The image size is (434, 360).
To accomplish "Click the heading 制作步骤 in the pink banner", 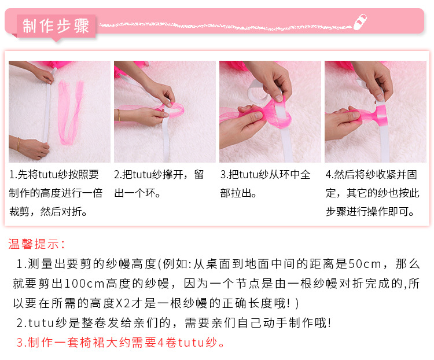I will (x=56, y=26).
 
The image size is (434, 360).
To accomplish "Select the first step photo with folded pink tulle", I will (x=60, y=112).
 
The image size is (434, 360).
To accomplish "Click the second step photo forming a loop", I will (x=164, y=112).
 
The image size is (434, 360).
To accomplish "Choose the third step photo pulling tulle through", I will (x=270, y=112).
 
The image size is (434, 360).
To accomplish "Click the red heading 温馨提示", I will (x=37, y=244).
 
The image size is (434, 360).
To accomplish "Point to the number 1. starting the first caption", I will (x=13, y=175).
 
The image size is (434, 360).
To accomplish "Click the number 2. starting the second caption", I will (x=117, y=175).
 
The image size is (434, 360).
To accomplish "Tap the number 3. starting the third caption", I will (x=224, y=175).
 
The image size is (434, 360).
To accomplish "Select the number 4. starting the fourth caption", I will (x=329, y=175).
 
